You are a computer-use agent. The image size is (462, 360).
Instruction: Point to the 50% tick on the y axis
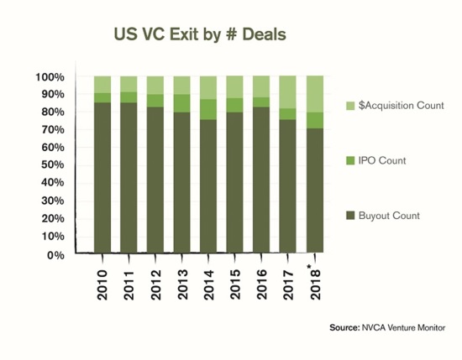(x=53, y=166)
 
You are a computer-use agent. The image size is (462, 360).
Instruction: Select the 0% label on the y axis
(x=56, y=254)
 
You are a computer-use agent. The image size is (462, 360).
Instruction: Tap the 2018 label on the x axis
(x=316, y=279)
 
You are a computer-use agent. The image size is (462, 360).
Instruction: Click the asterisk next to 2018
(x=310, y=265)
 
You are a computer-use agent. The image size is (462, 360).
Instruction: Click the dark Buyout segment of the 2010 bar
(x=102, y=176)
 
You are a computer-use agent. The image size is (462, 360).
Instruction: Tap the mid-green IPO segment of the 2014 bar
(x=209, y=109)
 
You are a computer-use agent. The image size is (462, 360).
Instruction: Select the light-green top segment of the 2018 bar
(x=316, y=93)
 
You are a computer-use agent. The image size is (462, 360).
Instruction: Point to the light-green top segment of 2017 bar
(x=289, y=91)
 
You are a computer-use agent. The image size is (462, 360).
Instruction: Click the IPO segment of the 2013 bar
(x=182, y=102)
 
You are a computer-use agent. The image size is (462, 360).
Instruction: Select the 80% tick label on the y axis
(x=53, y=112)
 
